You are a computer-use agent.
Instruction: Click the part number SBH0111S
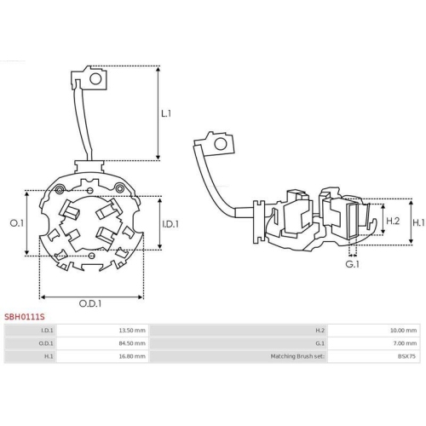coord(23,315)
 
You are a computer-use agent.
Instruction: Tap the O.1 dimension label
coord(15,223)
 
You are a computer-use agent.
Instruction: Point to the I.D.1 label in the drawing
coord(170,224)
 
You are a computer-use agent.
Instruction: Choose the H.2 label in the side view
coord(394,222)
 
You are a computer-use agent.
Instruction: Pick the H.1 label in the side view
coord(417,222)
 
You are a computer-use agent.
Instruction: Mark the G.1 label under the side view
coord(351,264)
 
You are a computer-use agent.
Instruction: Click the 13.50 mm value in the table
coord(133,330)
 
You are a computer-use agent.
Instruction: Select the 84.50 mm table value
coord(133,343)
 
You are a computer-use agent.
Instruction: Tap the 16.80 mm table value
coord(133,357)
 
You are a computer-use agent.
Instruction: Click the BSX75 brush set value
coord(408,357)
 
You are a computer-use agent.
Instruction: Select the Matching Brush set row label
coord(297,357)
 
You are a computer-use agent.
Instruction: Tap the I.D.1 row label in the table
coord(47,330)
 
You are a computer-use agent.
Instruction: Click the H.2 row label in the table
coord(319,330)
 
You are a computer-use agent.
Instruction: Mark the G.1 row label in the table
coord(319,343)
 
